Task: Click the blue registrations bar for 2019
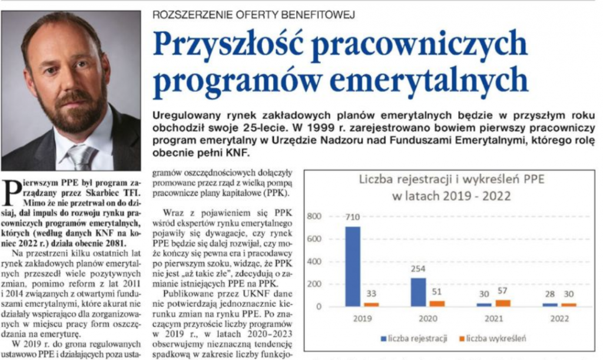click(353, 266)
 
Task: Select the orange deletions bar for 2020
click(437, 303)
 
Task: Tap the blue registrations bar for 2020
click(419, 292)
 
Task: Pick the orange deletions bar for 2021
click(503, 303)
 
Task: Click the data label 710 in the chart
click(352, 217)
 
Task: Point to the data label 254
click(418, 269)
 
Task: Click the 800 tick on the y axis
click(314, 216)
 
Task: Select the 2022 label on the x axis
click(559, 318)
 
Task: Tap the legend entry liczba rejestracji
click(414, 338)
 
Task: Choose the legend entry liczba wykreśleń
click(493, 338)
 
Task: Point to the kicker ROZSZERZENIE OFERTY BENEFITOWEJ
click(253, 15)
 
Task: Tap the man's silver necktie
click(81, 157)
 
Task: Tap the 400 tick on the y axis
click(314, 262)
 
